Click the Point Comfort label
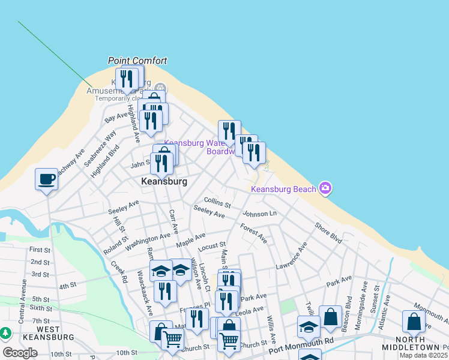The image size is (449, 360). click(x=137, y=61)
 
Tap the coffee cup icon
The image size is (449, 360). click(x=46, y=179)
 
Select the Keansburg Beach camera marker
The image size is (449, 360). click(x=325, y=189)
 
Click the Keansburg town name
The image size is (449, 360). click(x=164, y=181)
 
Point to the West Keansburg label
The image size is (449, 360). click(x=39, y=334)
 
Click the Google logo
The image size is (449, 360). click(x=20, y=353)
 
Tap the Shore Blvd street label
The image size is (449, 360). click(x=328, y=232)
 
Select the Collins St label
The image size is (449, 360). click(x=217, y=201)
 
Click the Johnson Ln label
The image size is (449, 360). click(x=259, y=214)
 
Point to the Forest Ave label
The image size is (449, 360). click(x=253, y=233)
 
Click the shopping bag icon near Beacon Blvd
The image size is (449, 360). click(x=330, y=316)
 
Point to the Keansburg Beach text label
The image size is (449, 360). click(x=283, y=190)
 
